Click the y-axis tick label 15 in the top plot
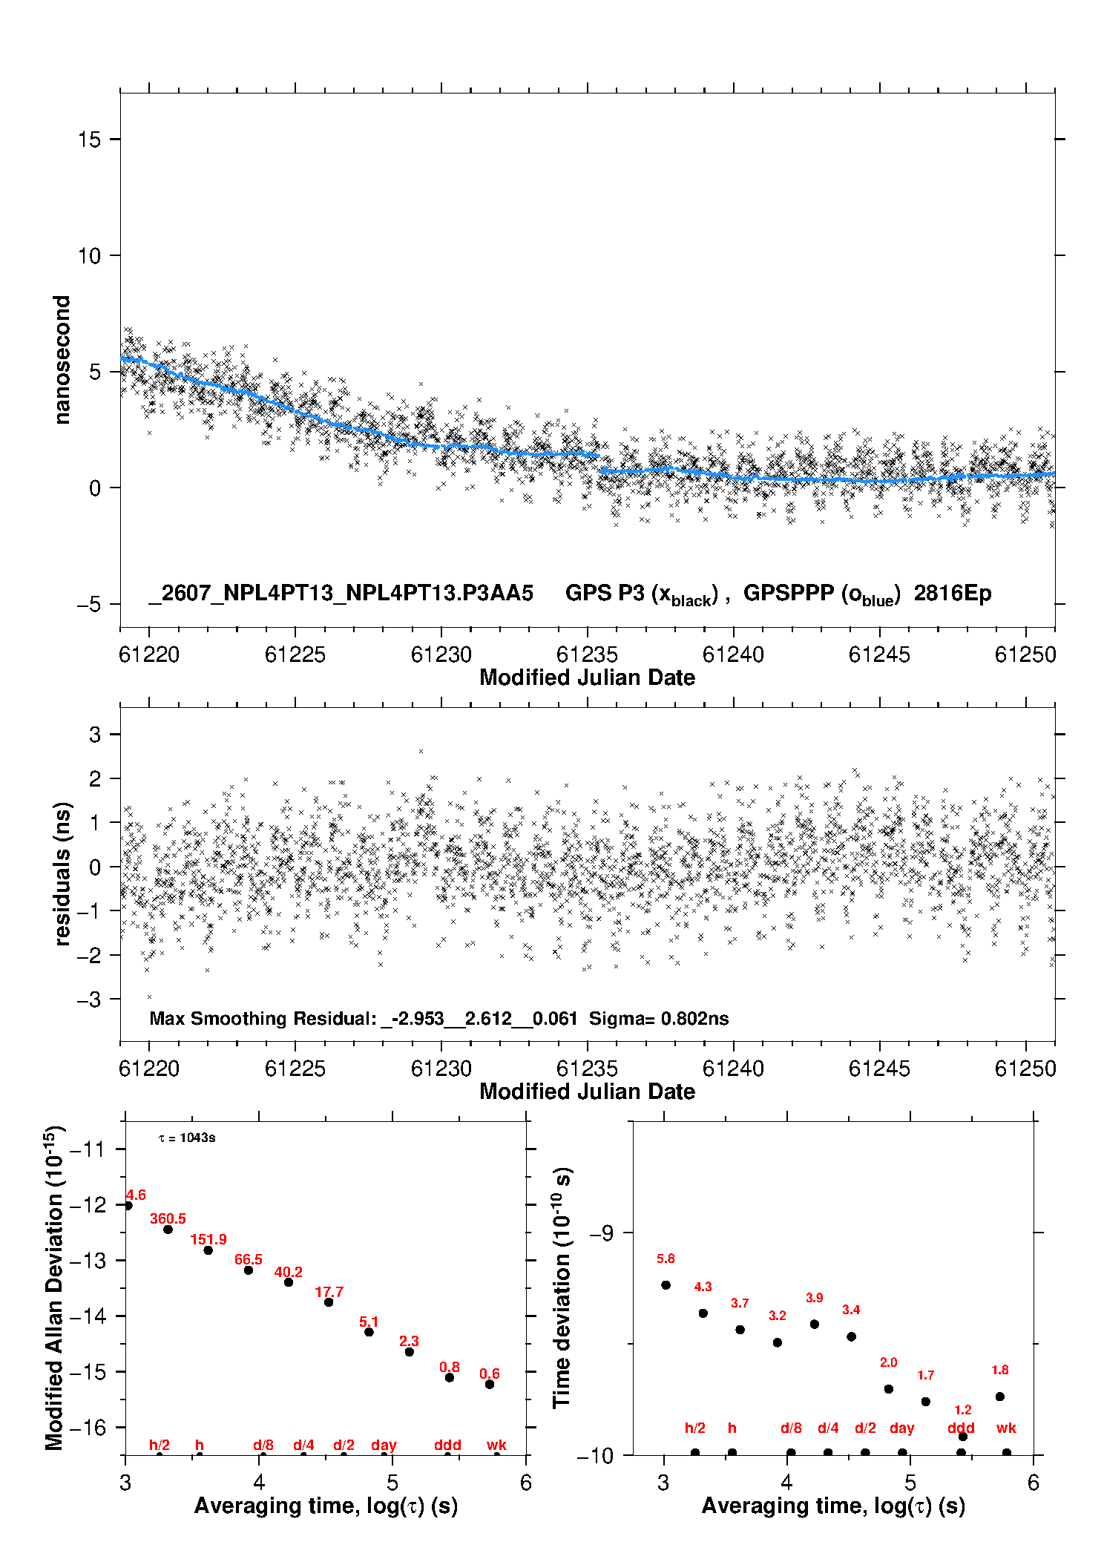coord(89,140)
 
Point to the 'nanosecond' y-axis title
coord(62,360)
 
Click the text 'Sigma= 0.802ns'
coord(659,1018)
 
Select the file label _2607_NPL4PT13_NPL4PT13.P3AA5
coord(341,593)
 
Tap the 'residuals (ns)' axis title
coord(62,873)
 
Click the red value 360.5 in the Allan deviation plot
coord(168,1218)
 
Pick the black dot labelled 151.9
coord(208,1250)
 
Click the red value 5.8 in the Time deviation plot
coord(666,1259)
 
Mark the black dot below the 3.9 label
coord(815,1324)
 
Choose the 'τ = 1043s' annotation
coord(187,1138)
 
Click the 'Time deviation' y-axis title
coord(562,1288)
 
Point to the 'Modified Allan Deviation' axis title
coord(55,1287)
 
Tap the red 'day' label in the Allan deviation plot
coord(384,1445)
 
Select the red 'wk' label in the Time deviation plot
coord(1006,1428)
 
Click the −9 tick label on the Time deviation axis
coord(602,1233)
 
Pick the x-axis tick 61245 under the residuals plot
coord(879,1069)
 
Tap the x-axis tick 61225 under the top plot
coord(295,654)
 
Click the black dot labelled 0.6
coord(490,1384)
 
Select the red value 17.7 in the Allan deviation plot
coord(329,1292)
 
